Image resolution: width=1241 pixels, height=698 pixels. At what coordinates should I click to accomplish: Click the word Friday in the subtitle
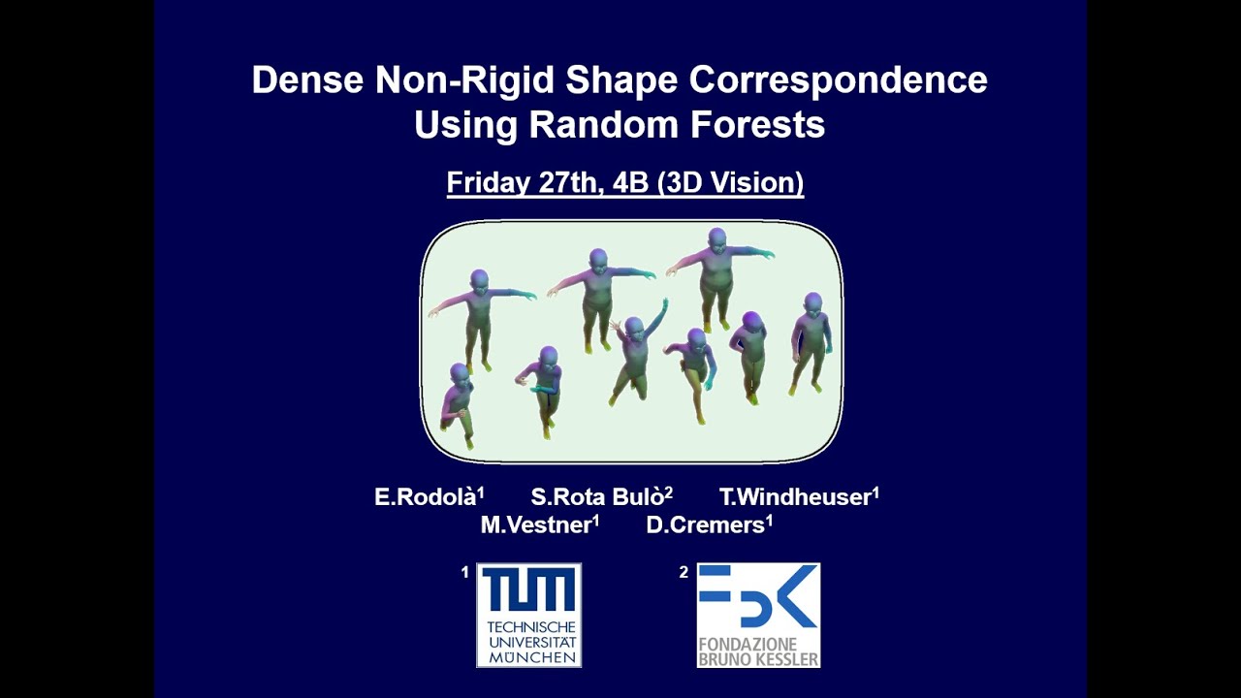click(x=488, y=182)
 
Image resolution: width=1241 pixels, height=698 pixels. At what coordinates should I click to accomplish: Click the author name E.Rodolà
click(x=426, y=497)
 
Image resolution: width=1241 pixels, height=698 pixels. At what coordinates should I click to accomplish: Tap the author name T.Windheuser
click(x=795, y=497)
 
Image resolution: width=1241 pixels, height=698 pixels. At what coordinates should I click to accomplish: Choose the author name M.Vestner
click(x=536, y=525)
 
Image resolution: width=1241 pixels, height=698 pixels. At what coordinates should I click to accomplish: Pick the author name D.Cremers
click(x=706, y=525)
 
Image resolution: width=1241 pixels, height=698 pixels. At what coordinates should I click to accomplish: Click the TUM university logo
click(x=528, y=615)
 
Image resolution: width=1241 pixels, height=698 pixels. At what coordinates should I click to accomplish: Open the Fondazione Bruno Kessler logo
click(x=758, y=615)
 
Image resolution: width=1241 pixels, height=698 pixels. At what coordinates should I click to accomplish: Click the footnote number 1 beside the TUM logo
click(x=465, y=573)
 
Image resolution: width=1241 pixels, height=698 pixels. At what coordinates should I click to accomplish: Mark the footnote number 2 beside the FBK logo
click(x=684, y=573)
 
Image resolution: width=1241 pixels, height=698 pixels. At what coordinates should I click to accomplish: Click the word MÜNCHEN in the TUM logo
click(x=529, y=657)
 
